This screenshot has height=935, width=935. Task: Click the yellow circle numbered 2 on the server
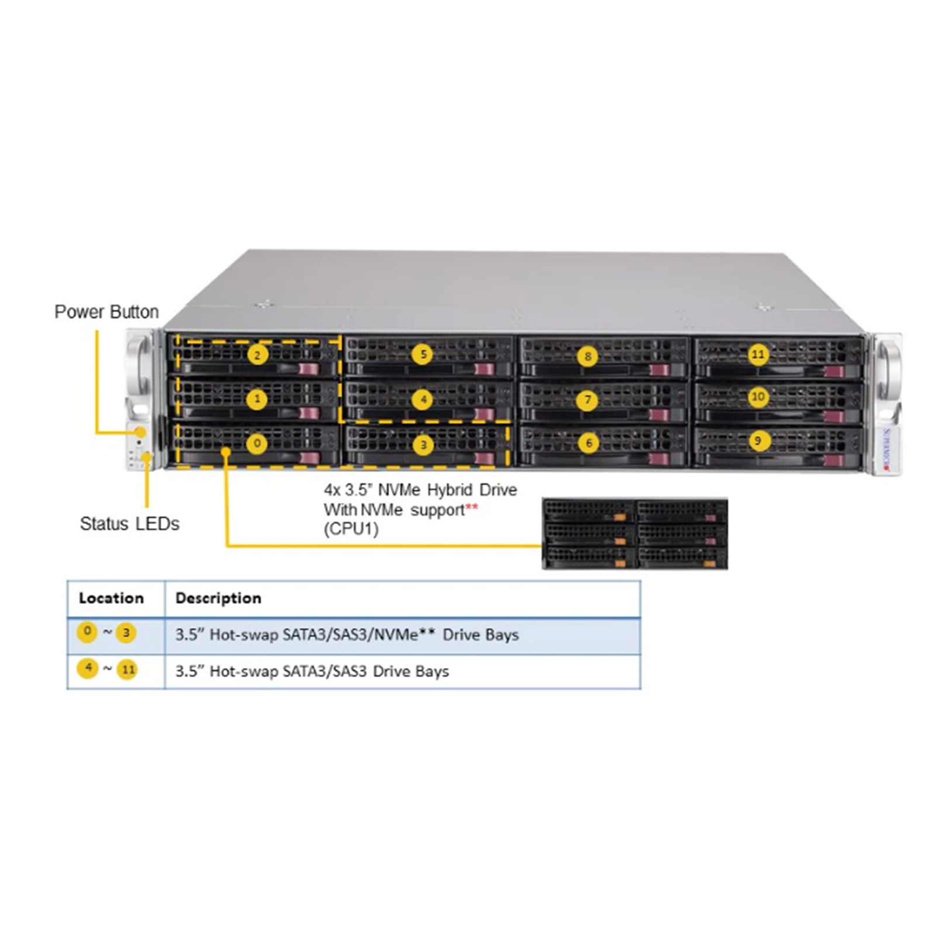coord(257,354)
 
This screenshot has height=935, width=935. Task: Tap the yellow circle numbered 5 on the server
coord(423,354)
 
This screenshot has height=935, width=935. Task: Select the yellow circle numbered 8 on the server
coord(587,356)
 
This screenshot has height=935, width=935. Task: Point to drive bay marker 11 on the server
coord(758,354)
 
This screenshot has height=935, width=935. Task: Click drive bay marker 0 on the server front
coord(257,443)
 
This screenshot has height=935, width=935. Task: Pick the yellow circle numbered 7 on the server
coord(588,400)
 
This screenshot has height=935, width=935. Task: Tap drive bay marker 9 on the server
coord(758,440)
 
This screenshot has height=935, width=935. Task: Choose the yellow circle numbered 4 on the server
coord(423,400)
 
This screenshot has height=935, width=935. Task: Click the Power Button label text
coord(106,311)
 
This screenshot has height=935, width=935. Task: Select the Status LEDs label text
coord(130,524)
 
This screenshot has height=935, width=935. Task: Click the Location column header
coord(111,598)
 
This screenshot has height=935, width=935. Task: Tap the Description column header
coord(219,598)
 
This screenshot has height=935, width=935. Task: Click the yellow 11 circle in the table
coord(127,670)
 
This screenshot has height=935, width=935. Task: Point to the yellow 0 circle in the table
coord(87,632)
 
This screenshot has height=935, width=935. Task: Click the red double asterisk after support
coord(472,507)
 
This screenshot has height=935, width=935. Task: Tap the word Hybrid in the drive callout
coord(449,490)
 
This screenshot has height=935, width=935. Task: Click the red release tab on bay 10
coord(834,416)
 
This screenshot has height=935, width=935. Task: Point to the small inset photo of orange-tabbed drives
coord(635,534)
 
